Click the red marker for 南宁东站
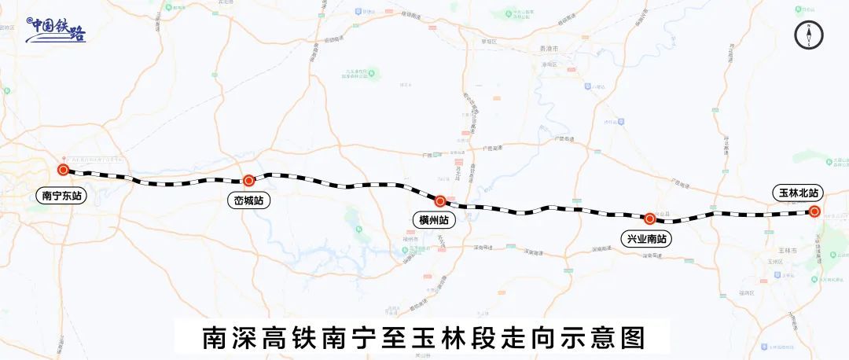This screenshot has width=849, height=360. coord(63,169)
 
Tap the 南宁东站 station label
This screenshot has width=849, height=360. coord(63,195)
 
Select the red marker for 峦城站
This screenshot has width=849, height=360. coord(248,180)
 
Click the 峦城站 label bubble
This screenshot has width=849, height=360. coord(248,201)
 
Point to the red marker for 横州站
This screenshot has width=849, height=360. coord(440,201)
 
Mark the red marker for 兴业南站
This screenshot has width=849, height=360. coord(650,219)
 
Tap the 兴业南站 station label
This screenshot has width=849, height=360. coord(649,239)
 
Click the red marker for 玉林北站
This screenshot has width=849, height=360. coord(815,211)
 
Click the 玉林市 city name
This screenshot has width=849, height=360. coord(782,249)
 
